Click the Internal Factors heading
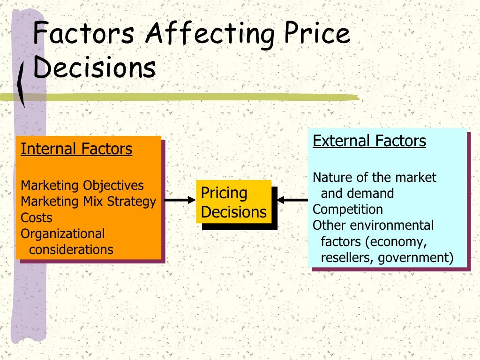pos(76,149)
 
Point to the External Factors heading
pos(369,141)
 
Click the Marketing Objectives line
pos(82,185)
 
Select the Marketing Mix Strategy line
pos(88,202)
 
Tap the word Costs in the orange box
pos(37,217)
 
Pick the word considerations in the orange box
pos(71,249)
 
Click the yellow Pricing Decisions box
pos(233,202)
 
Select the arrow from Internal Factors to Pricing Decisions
pos(180,200)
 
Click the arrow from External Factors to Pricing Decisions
pos(293,200)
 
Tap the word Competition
pos(348,209)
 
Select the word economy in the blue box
pos(397,242)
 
